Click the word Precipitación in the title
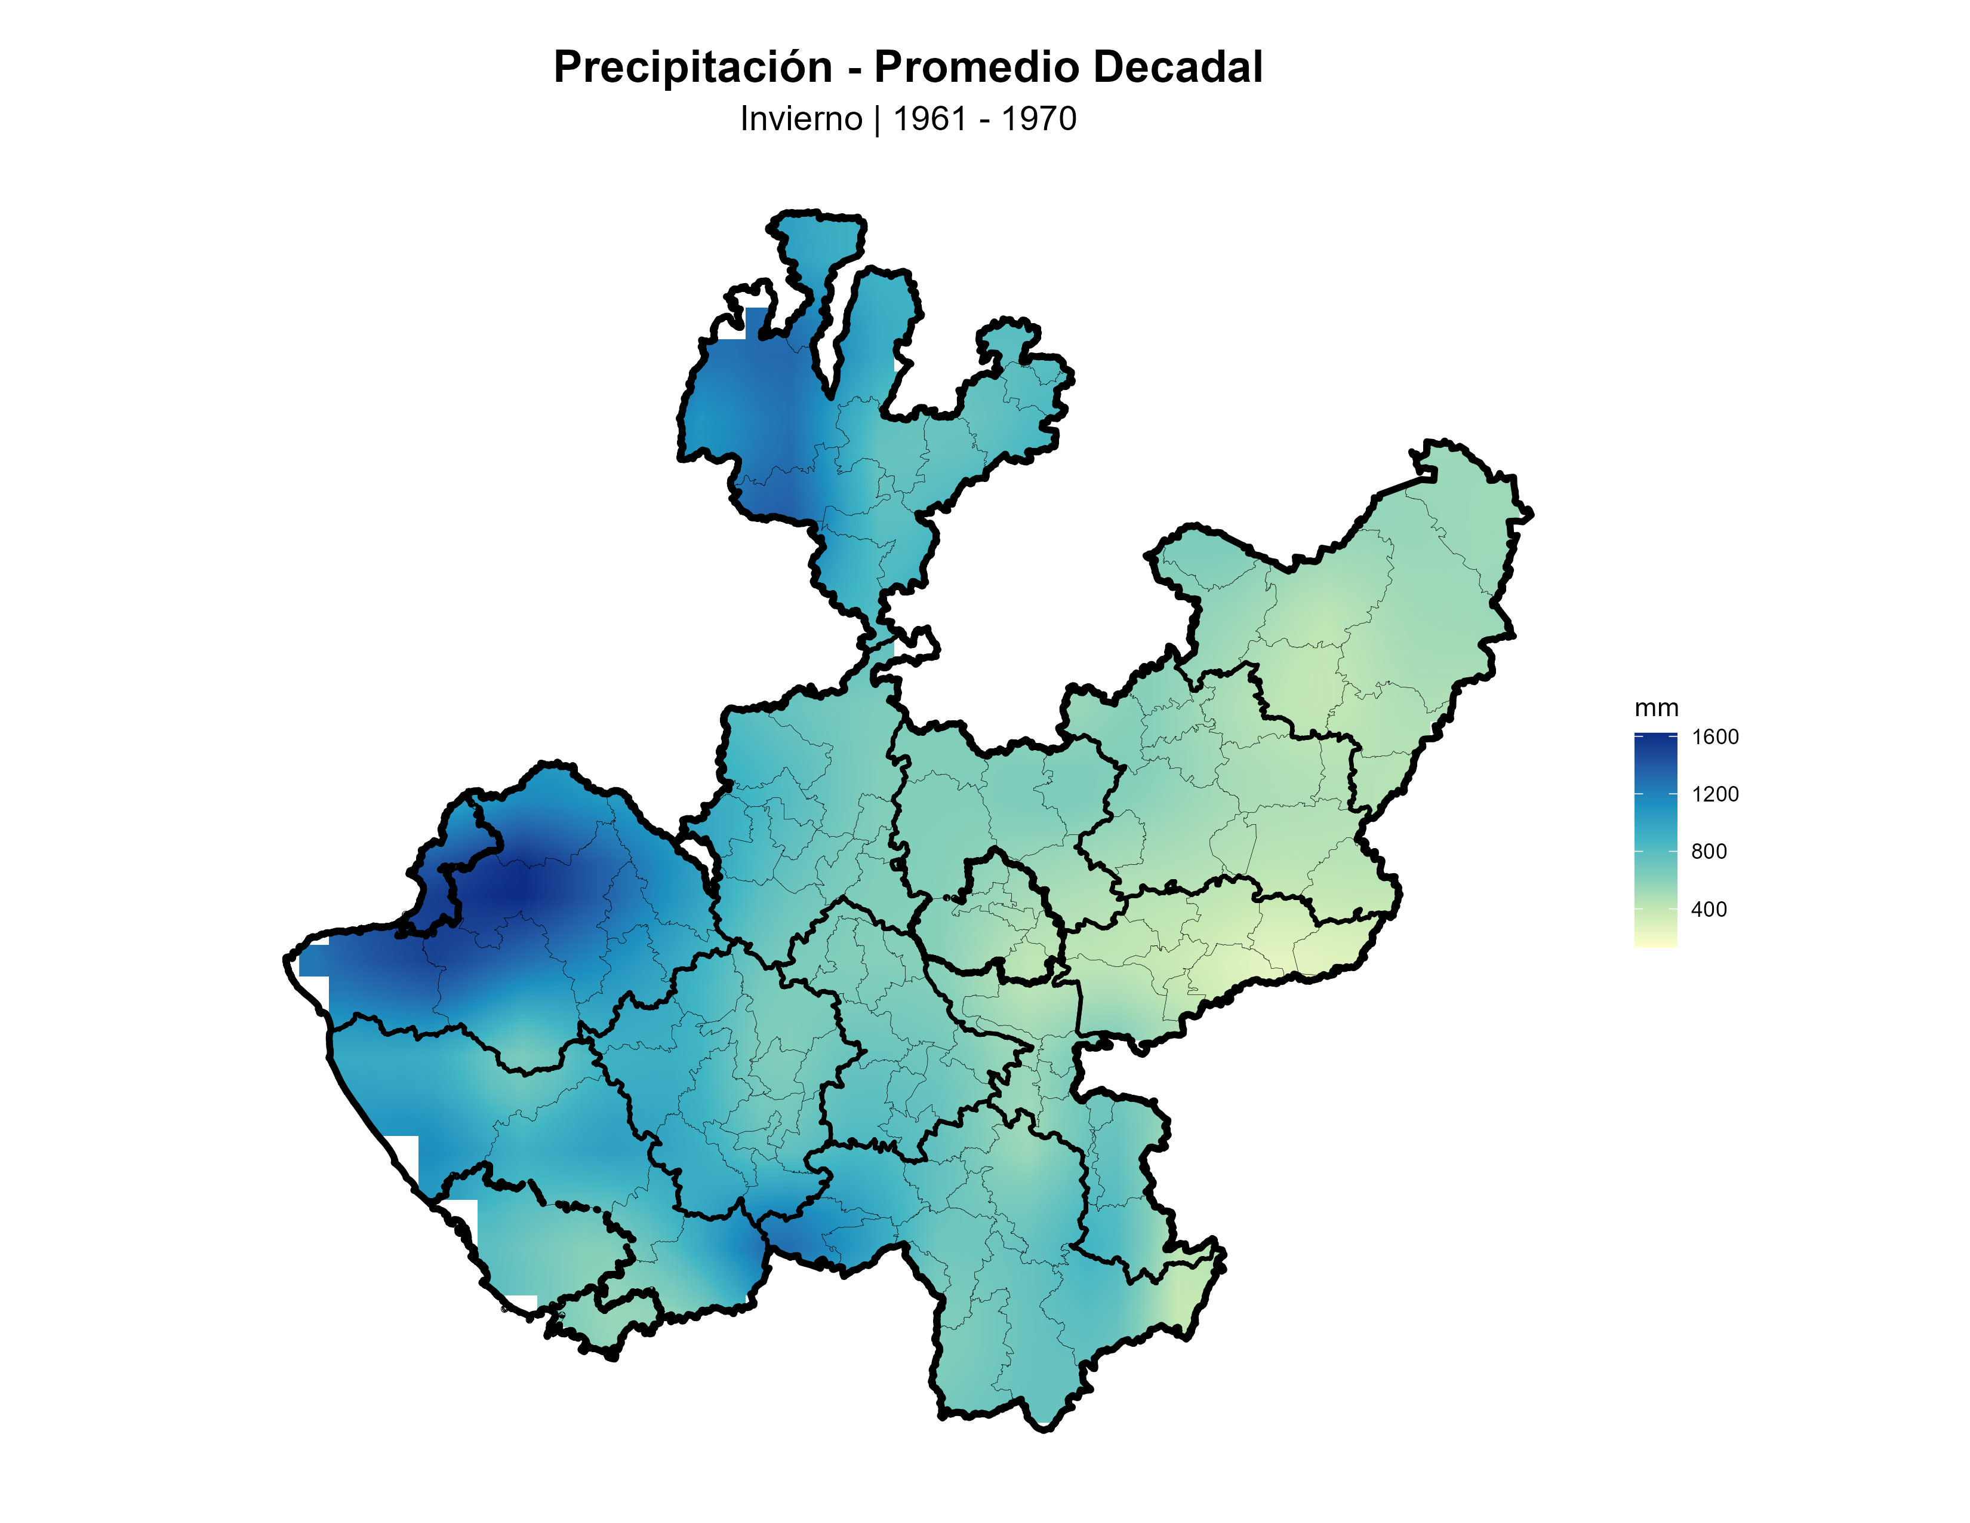pos(692,67)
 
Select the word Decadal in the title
pos(1177,67)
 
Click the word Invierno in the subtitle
pos(801,119)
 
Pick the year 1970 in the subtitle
pos(1039,119)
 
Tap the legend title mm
pos(1656,708)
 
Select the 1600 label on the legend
pos(1714,737)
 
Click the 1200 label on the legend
pos(1714,794)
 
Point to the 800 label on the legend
pos(1709,852)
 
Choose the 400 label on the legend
pos(1709,910)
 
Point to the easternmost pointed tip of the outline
pos(1531,514)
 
